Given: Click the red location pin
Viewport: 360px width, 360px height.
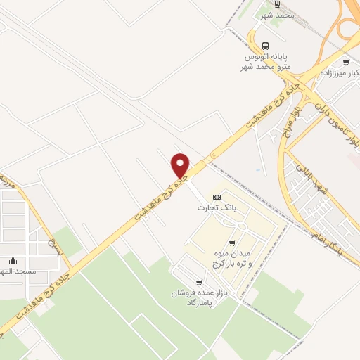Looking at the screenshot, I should (181, 165).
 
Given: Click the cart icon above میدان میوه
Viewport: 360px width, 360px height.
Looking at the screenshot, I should (231, 243).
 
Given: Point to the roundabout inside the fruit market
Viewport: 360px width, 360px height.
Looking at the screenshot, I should (238, 226).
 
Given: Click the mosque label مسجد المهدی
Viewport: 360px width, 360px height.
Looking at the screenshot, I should (15, 271).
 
